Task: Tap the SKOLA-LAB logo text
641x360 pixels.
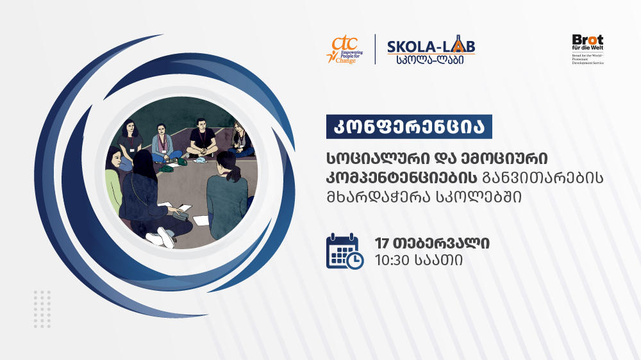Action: (x=431, y=47)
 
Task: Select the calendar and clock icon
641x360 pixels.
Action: (x=344, y=250)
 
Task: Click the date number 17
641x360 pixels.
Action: (x=383, y=243)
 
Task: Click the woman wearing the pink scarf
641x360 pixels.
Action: (x=162, y=142)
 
